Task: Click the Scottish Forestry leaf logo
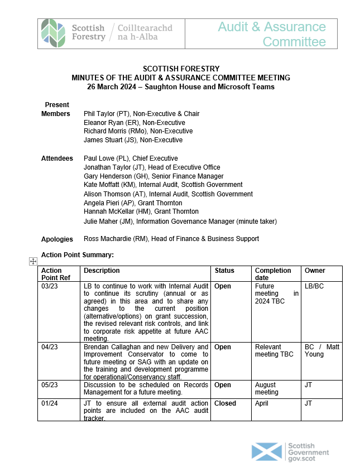click(53, 33)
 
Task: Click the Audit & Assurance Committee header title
click(271, 34)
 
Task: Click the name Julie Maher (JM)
click(109, 221)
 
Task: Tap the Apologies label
click(57, 239)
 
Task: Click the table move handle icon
click(33, 261)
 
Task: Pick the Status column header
click(224, 271)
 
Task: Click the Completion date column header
click(273, 274)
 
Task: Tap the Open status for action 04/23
click(223, 347)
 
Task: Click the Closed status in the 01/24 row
click(225, 403)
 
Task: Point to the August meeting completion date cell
click(267, 388)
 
